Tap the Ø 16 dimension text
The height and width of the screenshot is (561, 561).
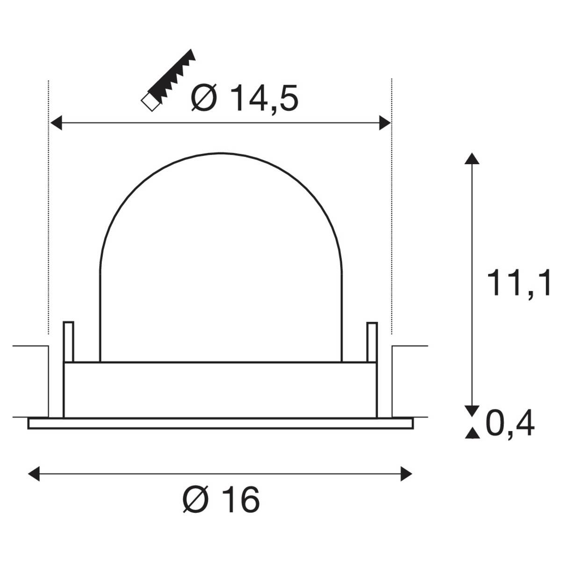point(220,499)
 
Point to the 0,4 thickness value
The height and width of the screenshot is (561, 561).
point(510,424)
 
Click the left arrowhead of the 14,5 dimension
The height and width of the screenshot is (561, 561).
point(56,123)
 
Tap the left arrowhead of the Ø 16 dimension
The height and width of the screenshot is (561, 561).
point(34,474)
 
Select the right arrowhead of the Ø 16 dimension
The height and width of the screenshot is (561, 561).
point(406,474)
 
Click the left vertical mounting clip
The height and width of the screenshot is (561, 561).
point(68,342)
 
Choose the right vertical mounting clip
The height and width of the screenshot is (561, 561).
point(372,342)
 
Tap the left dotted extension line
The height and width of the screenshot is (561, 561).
point(49,206)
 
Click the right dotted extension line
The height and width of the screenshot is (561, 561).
point(392,206)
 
